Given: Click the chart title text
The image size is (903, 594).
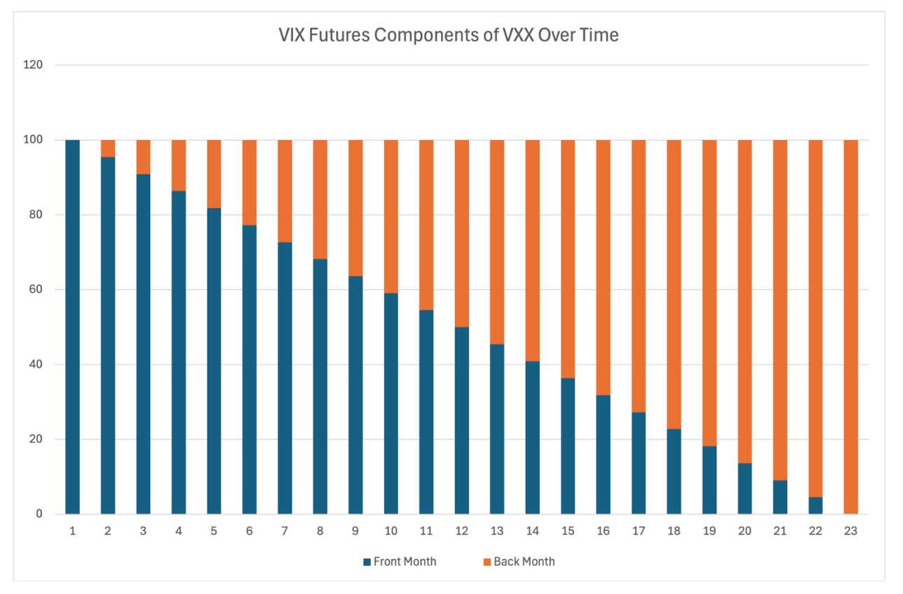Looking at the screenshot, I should (449, 35).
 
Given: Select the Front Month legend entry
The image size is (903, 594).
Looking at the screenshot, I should (400, 561).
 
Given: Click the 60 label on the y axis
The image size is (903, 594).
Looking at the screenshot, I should (36, 290).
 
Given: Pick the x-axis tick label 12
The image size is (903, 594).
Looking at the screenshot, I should (461, 531).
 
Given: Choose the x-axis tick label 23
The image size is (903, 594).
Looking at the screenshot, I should (850, 531).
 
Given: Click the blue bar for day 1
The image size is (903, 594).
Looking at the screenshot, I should (72, 327).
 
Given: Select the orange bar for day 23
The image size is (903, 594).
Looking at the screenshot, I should (850, 327).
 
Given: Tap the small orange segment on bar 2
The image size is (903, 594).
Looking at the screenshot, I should (108, 148).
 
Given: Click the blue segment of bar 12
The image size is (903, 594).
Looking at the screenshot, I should (461, 420).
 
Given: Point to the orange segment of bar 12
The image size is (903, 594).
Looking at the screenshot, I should (461, 233).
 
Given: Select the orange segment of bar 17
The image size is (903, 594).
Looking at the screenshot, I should (639, 276).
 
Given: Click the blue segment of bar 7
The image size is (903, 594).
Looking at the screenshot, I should (285, 378).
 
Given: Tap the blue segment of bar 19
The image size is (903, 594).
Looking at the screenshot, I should (709, 480).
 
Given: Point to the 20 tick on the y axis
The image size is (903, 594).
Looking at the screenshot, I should (36, 440).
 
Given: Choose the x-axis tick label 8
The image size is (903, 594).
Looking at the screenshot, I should (320, 531).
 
